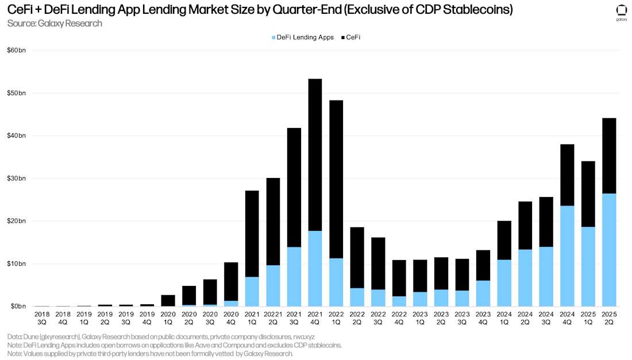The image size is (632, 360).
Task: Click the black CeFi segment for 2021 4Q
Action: coord(315,155)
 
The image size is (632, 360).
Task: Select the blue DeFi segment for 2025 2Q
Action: coord(608,250)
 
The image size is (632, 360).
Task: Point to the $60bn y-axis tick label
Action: coord(17,51)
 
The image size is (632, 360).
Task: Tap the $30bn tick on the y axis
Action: coord(17,179)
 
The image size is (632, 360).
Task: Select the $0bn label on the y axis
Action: coord(18,307)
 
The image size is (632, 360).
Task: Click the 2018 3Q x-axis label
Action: coord(42,318)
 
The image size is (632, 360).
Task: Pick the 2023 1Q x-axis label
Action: coord(420,318)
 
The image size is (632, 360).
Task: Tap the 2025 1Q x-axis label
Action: coord(588,318)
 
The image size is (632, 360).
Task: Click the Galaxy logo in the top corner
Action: coord(621,12)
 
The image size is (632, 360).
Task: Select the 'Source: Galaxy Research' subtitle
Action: coord(55,24)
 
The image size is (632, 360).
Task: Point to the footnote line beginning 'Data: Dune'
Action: coord(161,336)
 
